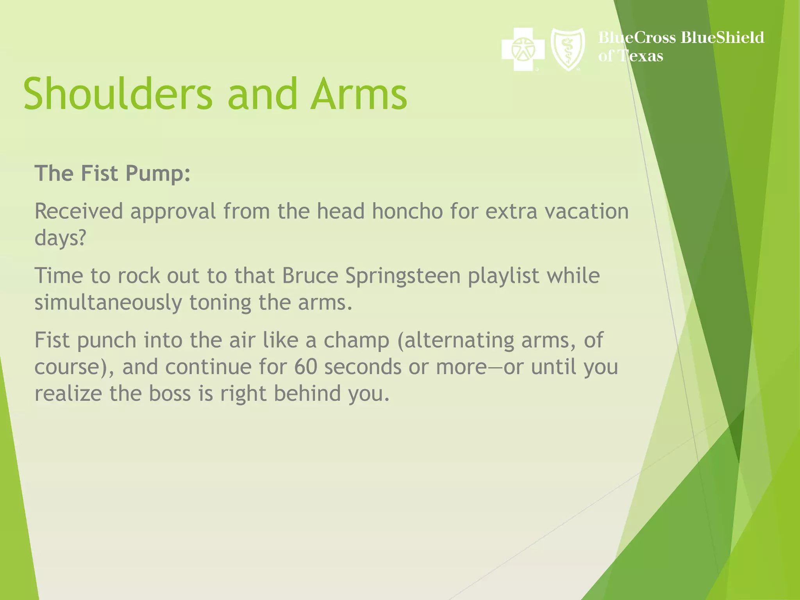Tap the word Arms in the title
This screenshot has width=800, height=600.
click(x=359, y=94)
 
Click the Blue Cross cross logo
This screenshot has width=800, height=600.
click(x=523, y=50)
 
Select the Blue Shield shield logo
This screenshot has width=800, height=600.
click(x=568, y=50)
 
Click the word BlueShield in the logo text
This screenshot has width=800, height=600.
click(x=722, y=37)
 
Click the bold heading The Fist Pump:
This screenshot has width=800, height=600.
click(x=112, y=173)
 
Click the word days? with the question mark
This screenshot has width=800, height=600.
click(x=60, y=238)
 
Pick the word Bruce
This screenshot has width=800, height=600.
click(x=310, y=276)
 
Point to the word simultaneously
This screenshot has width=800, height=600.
click(x=108, y=303)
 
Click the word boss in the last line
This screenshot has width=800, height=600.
click(x=170, y=393)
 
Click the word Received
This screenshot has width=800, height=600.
click(x=79, y=211)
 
